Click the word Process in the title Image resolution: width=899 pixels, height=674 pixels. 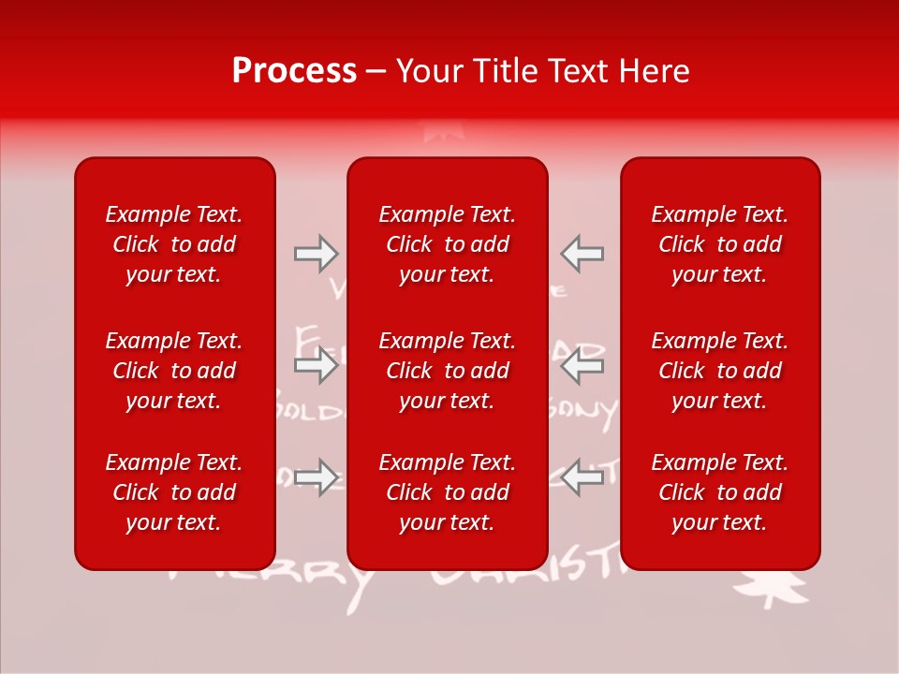coord(294,71)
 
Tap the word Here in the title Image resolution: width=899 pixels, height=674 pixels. coord(652,71)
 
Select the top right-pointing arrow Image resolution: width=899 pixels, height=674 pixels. coord(316,254)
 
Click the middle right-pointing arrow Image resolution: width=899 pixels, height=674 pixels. coord(316,365)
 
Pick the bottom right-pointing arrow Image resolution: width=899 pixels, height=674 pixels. coord(316,477)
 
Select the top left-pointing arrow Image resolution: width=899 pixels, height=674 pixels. coord(582,254)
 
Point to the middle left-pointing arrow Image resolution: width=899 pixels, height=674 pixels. coord(582,365)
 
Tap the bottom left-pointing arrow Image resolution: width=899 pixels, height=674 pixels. coord(582,477)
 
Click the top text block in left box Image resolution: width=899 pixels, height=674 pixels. coord(173,244)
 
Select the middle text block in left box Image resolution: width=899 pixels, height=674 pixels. coord(173,371)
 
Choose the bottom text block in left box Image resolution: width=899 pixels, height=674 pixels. coord(173,492)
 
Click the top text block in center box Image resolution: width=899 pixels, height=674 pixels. coord(447,244)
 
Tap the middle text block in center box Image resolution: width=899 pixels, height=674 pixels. coord(447,371)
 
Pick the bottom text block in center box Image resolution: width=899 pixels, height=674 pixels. coord(447,492)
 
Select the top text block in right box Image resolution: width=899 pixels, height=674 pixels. coord(719,244)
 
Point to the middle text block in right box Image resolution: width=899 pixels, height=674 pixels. coord(719,371)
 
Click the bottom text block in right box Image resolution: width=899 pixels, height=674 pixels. coord(719,492)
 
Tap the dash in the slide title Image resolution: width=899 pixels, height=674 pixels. coord(376,72)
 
